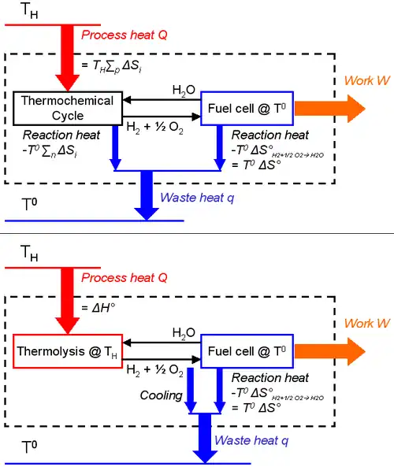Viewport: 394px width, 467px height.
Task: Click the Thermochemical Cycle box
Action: tap(68, 108)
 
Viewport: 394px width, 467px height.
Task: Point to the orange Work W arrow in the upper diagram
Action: tap(330, 108)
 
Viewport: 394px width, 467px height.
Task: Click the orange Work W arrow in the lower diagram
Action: tap(330, 350)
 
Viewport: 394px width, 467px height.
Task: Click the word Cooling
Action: tap(161, 395)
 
